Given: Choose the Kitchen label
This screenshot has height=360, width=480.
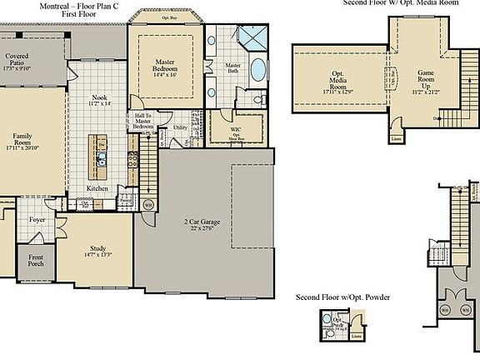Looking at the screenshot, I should pyautogui.click(x=98, y=188).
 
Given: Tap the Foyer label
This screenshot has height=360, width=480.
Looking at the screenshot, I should pyautogui.click(x=38, y=221).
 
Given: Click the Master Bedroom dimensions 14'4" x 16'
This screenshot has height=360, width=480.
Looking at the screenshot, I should pyautogui.click(x=163, y=75).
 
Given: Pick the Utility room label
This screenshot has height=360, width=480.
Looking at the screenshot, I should pyautogui.click(x=180, y=128).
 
